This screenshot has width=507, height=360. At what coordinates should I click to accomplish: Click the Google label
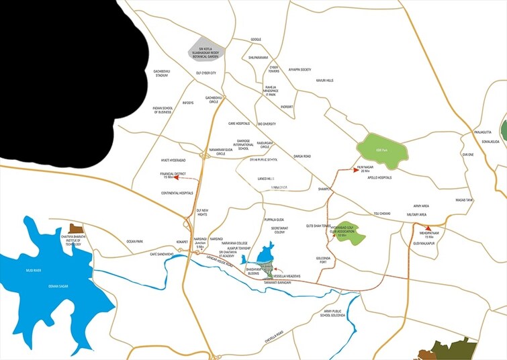pyautogui.click(x=256, y=40)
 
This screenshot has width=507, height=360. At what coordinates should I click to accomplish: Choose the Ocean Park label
pyautogui.click(x=135, y=241)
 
